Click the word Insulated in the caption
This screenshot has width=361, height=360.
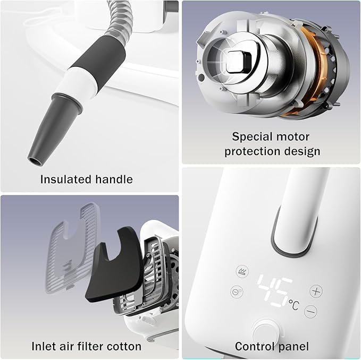pyautogui.click(x=66, y=179)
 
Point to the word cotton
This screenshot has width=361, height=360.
pyautogui.click(x=124, y=346)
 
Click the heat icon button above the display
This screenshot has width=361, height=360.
pyautogui.click(x=242, y=271)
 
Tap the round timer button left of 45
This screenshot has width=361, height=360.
pyautogui.click(x=237, y=292)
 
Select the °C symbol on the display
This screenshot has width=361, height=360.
pyautogui.click(x=294, y=305)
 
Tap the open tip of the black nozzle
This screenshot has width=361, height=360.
pyautogui.click(x=35, y=161)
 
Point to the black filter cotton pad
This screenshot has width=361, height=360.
pyautogui.click(x=115, y=264)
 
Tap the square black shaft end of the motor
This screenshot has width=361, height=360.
pyautogui.click(x=239, y=62)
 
